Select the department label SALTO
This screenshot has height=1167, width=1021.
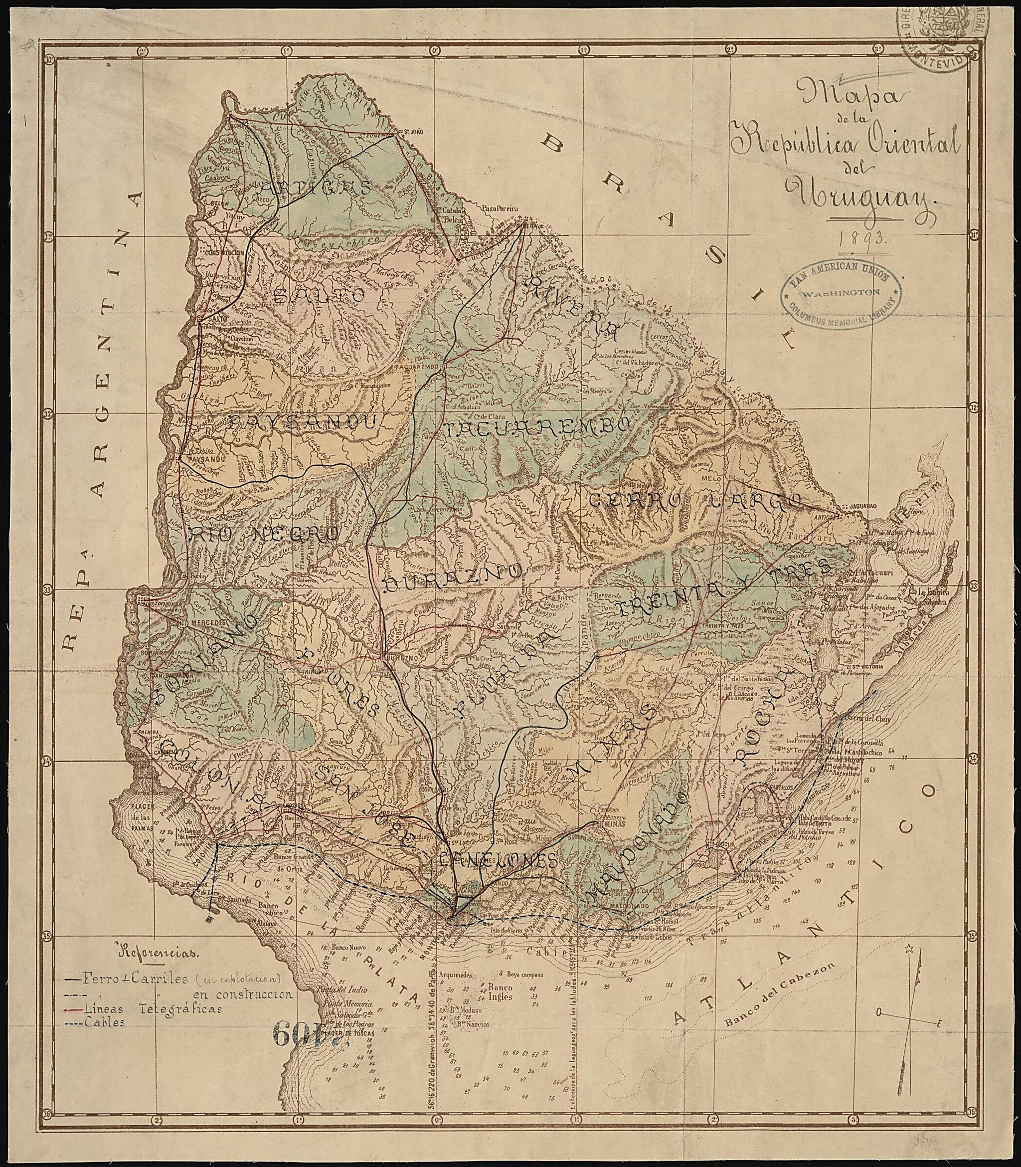tap(319, 295)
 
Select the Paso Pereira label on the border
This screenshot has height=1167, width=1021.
tap(500, 208)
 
